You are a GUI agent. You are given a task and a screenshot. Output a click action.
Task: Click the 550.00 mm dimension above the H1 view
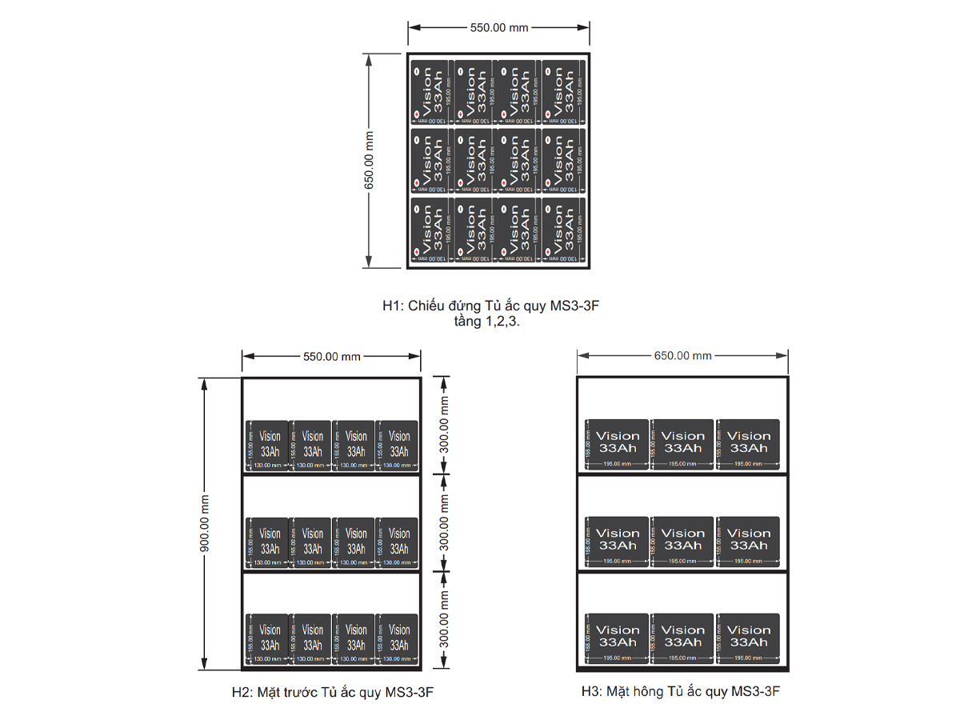click(x=498, y=27)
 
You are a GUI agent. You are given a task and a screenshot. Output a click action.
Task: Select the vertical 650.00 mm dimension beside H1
click(x=370, y=159)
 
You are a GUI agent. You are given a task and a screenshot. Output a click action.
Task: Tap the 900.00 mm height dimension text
click(x=205, y=523)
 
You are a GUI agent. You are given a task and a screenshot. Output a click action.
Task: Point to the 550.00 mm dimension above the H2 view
click(x=331, y=357)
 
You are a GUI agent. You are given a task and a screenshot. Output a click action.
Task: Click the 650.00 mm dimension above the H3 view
click(x=682, y=356)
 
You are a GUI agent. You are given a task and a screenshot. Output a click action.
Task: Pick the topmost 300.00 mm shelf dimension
click(x=444, y=425)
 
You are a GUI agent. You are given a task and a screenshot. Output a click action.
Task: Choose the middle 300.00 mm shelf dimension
click(x=444, y=522)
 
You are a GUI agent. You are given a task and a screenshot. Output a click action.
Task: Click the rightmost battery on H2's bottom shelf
click(x=398, y=638)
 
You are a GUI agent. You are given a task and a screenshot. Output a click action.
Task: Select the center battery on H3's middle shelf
click(x=682, y=540)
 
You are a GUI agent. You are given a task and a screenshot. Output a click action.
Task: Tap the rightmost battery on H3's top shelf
click(x=748, y=443)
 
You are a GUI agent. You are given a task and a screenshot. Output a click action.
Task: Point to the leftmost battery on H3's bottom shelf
click(x=617, y=638)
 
